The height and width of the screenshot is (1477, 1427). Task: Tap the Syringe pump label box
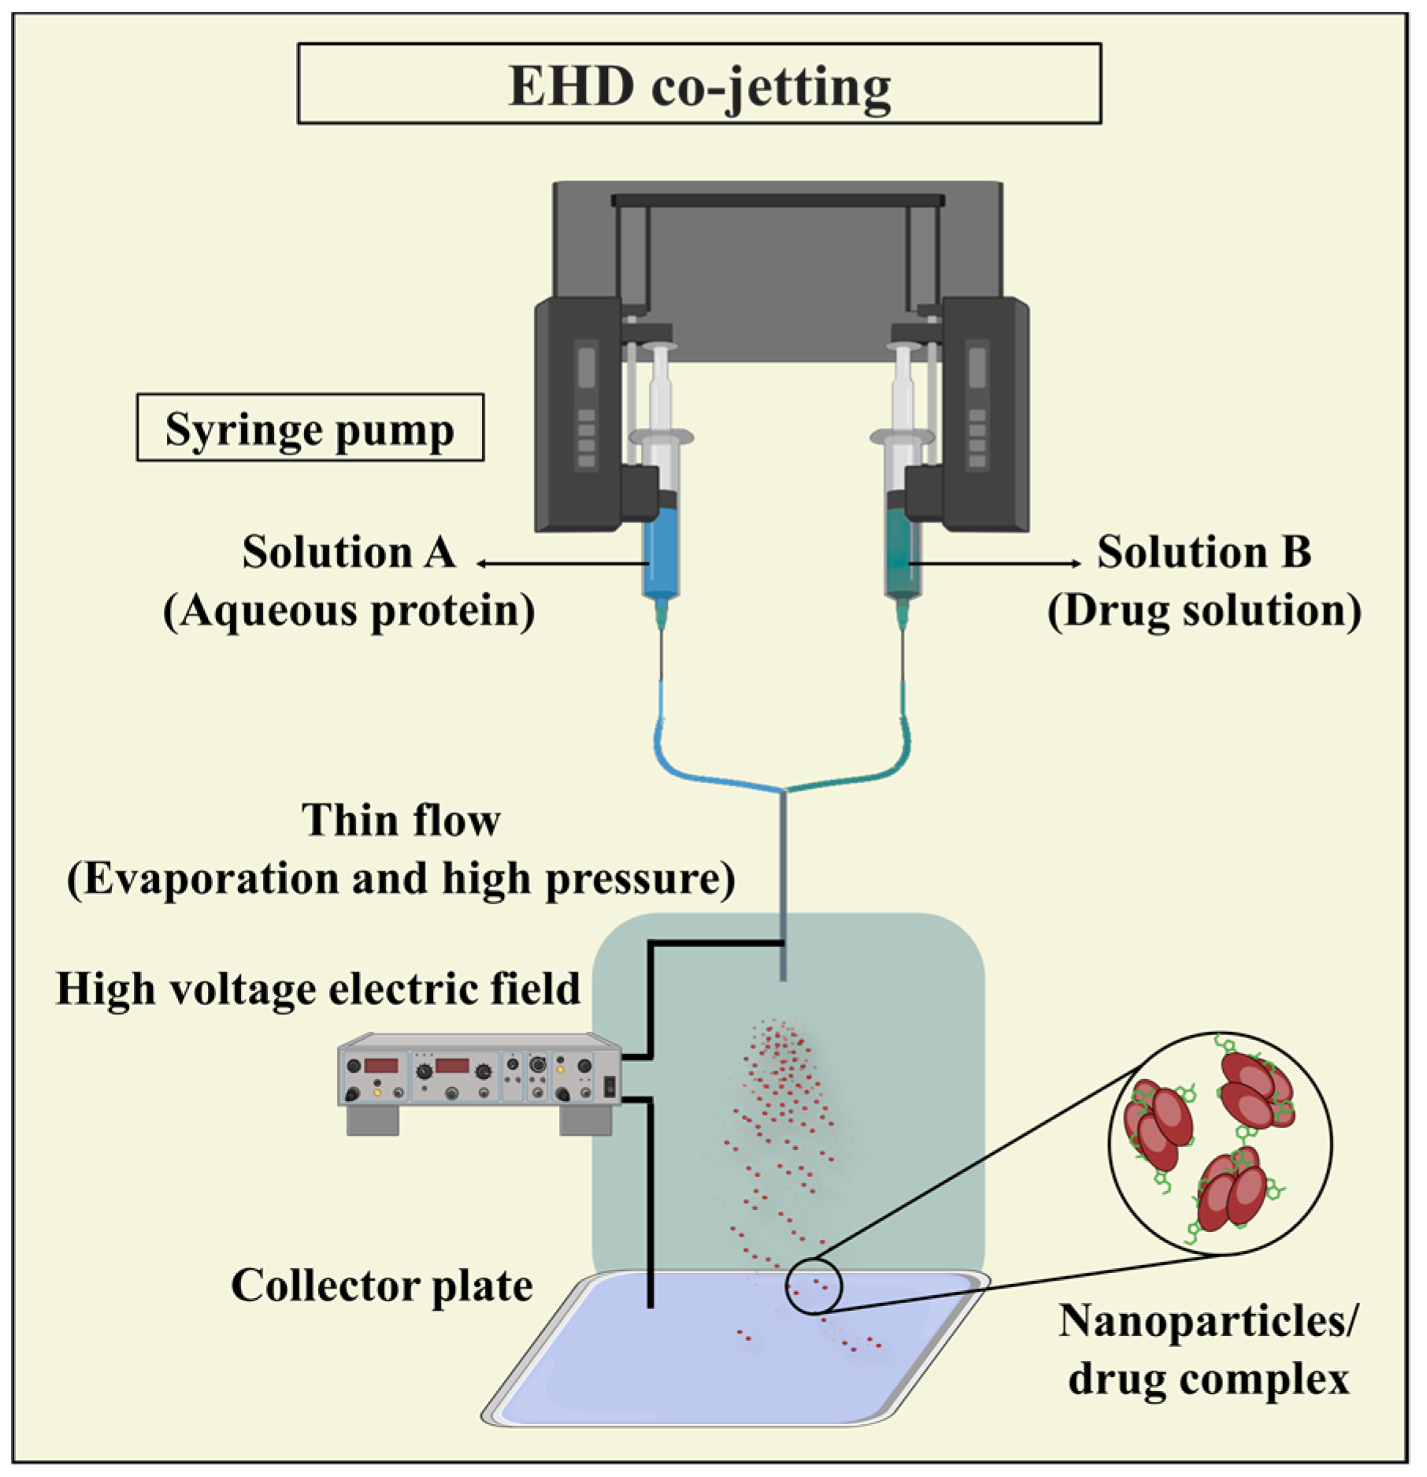(309, 429)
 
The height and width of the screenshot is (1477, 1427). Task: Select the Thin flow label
(401, 821)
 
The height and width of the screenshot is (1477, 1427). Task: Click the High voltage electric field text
(318, 989)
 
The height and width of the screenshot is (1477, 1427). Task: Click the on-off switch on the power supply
(608, 1089)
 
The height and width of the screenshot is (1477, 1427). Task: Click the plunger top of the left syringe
(659, 347)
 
